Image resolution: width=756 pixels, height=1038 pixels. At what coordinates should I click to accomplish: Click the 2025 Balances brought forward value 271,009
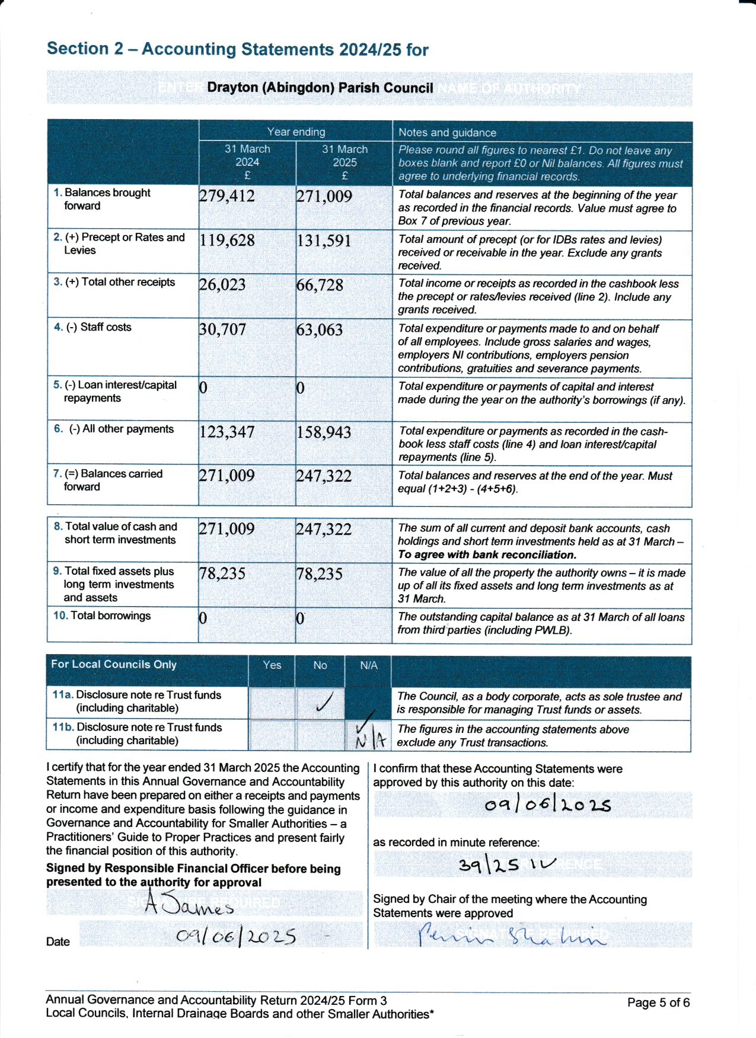click(x=324, y=196)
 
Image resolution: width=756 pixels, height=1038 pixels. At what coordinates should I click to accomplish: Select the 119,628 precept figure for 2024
click(x=227, y=241)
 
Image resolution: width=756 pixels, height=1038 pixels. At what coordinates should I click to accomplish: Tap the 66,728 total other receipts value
click(x=320, y=285)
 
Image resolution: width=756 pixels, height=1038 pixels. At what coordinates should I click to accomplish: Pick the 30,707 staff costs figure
click(x=222, y=329)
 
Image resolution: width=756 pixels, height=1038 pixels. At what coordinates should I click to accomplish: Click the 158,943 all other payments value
click(x=324, y=432)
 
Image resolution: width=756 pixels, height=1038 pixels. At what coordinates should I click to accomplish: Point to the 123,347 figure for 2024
click(x=227, y=432)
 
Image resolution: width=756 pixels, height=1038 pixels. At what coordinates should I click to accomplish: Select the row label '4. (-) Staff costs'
click(x=92, y=327)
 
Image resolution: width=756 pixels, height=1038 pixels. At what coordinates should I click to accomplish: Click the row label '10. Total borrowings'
click(x=102, y=616)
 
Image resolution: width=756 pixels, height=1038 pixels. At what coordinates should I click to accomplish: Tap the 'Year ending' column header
click(x=296, y=132)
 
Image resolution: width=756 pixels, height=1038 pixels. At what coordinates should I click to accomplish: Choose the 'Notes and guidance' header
click(x=447, y=133)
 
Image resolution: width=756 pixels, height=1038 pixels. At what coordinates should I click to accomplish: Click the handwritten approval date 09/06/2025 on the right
click(x=547, y=805)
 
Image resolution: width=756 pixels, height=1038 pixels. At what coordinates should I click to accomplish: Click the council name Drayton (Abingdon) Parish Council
click(x=320, y=88)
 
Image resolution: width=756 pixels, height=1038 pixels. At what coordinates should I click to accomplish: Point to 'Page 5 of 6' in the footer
click(x=658, y=1002)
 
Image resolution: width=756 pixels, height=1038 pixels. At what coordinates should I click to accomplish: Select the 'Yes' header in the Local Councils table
click(x=272, y=665)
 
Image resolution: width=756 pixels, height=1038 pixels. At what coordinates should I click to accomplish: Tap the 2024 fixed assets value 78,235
click(x=222, y=574)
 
